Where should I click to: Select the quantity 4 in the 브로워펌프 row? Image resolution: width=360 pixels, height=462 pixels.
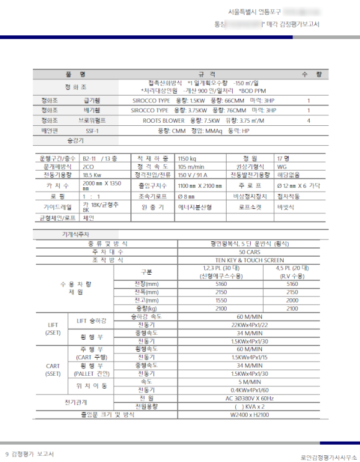[308, 120]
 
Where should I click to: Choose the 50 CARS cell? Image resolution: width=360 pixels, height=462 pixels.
[249, 252]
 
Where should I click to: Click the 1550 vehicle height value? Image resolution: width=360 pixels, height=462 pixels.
[221, 300]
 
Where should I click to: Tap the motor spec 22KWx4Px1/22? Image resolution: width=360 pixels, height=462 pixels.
[249, 324]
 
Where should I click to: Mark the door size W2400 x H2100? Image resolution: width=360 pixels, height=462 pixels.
[249, 414]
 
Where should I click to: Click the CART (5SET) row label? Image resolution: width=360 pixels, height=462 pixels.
[53, 370]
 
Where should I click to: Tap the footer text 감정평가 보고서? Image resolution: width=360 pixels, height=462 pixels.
[33, 454]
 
